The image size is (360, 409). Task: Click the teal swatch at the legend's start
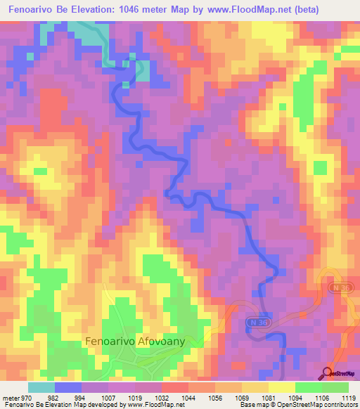41,387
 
